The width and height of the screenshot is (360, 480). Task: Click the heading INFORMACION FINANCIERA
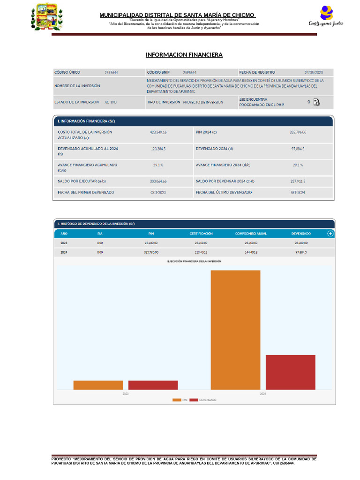(x=184, y=55)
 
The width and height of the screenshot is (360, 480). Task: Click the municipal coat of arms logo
(x=46, y=17)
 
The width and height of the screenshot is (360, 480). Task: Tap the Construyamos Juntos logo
(x=325, y=16)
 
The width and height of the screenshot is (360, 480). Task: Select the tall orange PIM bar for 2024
(x=235, y=330)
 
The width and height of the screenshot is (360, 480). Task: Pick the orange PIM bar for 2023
(x=98, y=385)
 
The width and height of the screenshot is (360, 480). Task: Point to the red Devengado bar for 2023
(x=153, y=385)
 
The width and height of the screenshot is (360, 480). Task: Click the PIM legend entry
(x=180, y=400)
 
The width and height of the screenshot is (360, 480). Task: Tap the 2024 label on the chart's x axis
(x=263, y=394)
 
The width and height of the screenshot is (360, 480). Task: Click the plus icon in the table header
(x=330, y=233)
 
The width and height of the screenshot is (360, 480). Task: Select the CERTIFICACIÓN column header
(x=201, y=233)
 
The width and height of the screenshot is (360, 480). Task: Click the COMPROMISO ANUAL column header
(x=251, y=233)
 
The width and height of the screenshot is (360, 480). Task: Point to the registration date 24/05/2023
(x=314, y=73)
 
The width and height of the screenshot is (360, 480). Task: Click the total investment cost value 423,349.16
(x=158, y=133)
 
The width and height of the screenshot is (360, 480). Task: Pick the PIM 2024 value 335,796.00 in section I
(x=298, y=133)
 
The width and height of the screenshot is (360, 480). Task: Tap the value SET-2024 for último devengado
(x=298, y=193)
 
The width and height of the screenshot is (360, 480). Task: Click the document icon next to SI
(x=317, y=102)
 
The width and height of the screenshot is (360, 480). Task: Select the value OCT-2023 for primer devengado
(x=158, y=193)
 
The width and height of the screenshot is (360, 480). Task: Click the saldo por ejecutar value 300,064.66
(x=158, y=181)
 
